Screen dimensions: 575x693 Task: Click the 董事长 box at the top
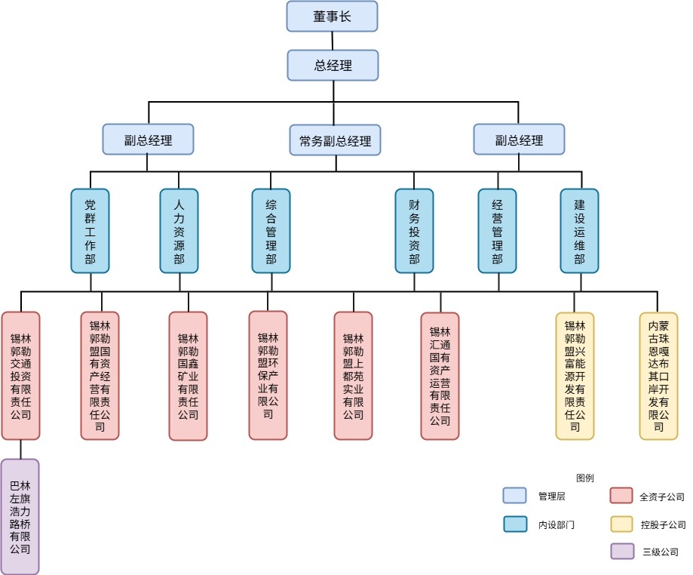(x=332, y=16)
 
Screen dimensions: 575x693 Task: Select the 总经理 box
(x=332, y=65)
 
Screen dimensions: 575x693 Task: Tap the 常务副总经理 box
(x=335, y=140)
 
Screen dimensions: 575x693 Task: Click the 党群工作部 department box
(x=90, y=230)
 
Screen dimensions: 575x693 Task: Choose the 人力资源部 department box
(x=179, y=230)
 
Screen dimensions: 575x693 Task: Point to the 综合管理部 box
(x=271, y=230)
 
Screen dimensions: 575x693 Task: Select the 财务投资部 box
(x=414, y=230)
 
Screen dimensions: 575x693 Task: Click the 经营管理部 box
(x=497, y=230)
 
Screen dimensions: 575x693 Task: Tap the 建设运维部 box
(x=579, y=230)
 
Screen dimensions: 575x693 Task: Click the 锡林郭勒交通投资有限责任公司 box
(x=20, y=375)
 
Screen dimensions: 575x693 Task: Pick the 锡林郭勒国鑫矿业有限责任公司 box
(x=188, y=376)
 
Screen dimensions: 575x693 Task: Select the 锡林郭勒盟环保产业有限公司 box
(x=268, y=375)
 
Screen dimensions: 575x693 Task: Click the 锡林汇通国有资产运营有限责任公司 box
(x=440, y=376)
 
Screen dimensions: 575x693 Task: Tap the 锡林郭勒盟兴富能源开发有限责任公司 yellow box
(x=575, y=376)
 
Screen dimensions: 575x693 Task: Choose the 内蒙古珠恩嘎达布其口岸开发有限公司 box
(x=658, y=376)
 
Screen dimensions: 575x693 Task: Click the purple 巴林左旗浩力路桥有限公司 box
(x=20, y=517)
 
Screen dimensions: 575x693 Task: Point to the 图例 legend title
(x=584, y=478)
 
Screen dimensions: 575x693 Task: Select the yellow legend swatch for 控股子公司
(x=621, y=524)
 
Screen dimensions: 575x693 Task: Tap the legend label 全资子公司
(x=661, y=497)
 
